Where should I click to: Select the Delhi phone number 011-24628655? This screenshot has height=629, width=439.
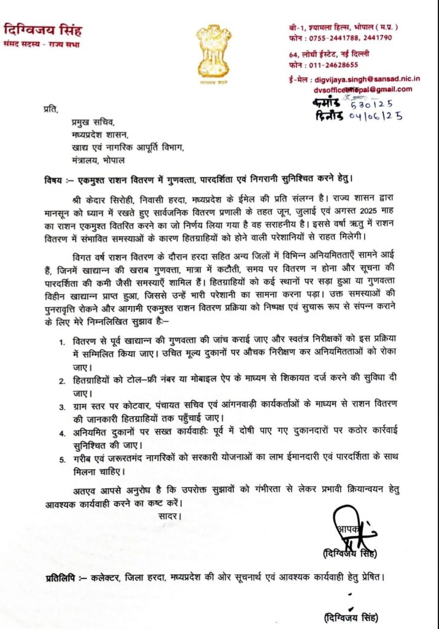[x=342, y=64]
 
